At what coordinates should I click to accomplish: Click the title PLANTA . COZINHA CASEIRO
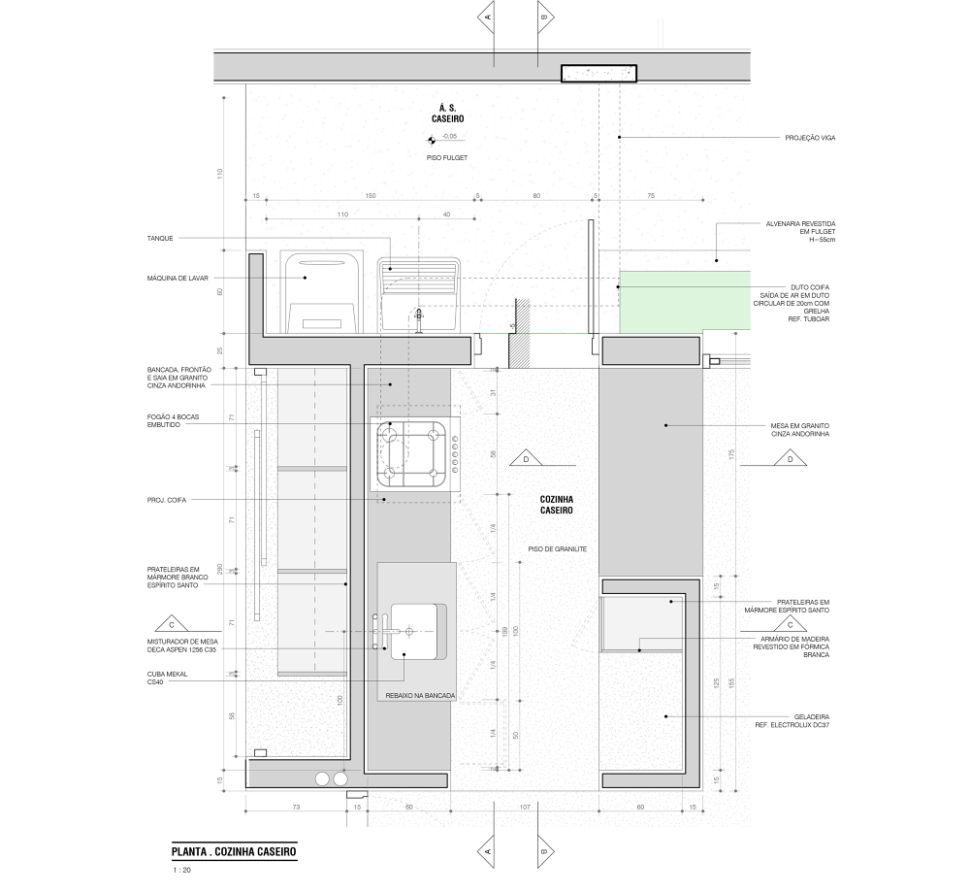233,851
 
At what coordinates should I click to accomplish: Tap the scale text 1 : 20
180,871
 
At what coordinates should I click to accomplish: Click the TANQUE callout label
160,238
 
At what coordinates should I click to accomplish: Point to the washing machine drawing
323,291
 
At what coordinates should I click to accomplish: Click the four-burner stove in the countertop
416,453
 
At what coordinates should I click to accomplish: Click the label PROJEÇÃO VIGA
810,138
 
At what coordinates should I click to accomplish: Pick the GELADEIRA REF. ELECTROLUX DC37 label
792,721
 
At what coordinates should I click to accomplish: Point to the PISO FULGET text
449,156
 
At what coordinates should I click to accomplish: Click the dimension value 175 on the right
730,453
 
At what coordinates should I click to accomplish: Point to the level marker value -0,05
450,137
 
